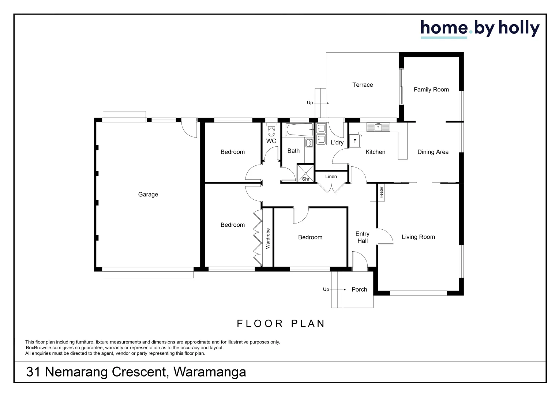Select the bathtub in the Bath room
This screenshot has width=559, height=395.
[x=299, y=129]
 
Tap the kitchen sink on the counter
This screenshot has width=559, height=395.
[x=378, y=127]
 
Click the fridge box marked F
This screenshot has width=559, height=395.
[x=354, y=141]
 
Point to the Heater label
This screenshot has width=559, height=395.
[x=381, y=192]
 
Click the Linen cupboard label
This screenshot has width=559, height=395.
[x=331, y=177]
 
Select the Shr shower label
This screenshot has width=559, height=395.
[x=306, y=179]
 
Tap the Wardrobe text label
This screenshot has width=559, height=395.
[x=268, y=238]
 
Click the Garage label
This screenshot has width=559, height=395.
[x=148, y=195]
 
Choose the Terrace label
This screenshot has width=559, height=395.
[x=363, y=85]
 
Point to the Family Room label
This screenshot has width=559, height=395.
[x=431, y=90]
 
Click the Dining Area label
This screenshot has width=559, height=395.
[x=433, y=152]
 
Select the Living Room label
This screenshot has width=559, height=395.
[x=418, y=237]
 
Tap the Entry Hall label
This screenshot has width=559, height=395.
[x=363, y=237]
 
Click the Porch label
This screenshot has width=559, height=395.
[x=359, y=290]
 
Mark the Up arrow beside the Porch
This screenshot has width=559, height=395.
[x=339, y=290]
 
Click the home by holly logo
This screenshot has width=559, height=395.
[x=480, y=29]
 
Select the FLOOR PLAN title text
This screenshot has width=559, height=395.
[x=281, y=324]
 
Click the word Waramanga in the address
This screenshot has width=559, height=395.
[x=210, y=372]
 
